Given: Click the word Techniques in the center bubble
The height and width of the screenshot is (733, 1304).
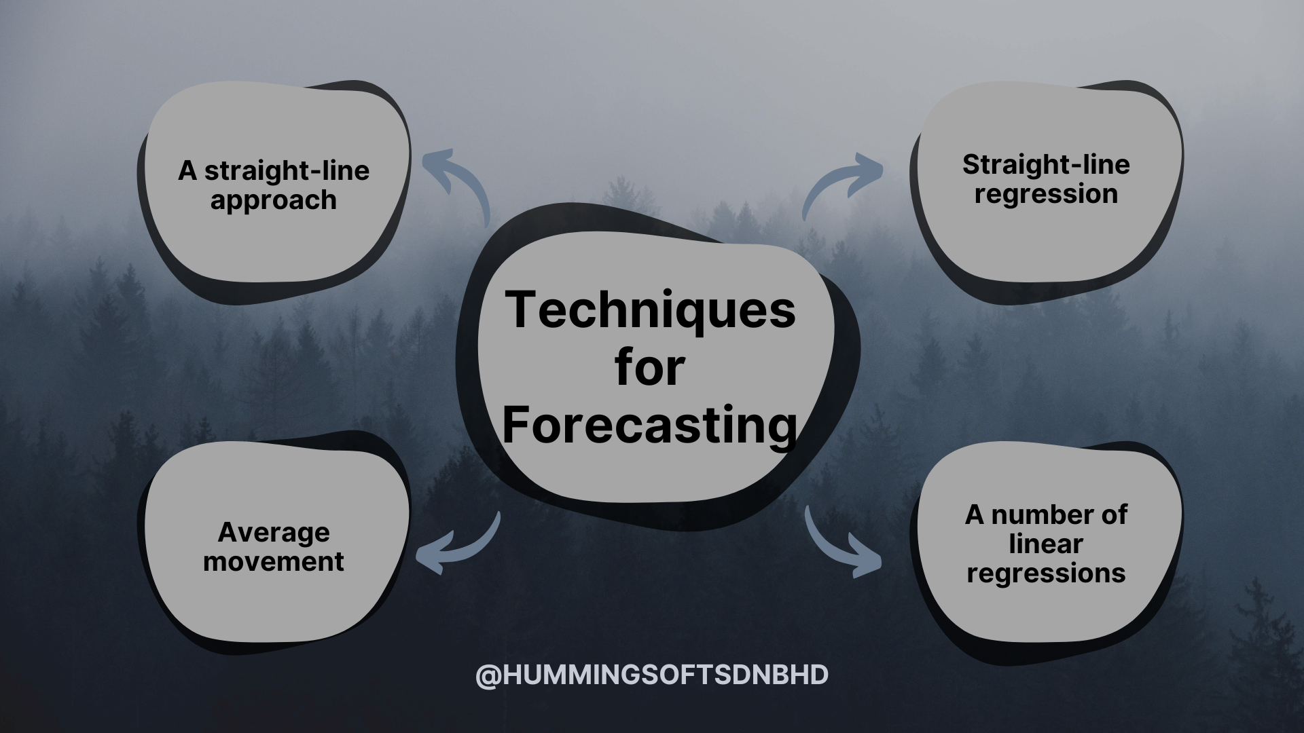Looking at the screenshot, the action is (x=650, y=309).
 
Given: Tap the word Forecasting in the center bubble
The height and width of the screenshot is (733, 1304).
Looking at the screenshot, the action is (x=650, y=426).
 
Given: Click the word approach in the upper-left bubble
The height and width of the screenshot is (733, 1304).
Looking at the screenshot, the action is (x=273, y=201).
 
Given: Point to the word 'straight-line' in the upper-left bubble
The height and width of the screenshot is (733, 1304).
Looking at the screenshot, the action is (x=287, y=170).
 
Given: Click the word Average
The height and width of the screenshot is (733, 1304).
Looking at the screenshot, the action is (x=274, y=533).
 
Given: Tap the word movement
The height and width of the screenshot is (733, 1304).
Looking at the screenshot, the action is (x=274, y=561).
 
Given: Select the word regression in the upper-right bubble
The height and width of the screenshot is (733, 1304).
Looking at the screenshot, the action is (x=1046, y=195).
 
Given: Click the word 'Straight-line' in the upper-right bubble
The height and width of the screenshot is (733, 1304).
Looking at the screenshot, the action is (x=1046, y=165).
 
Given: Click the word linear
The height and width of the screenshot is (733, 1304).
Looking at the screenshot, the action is (x=1046, y=544).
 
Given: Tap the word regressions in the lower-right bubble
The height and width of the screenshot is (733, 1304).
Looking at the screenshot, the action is (x=1046, y=574).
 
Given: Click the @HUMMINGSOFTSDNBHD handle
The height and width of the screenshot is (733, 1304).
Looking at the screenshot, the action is (x=652, y=675).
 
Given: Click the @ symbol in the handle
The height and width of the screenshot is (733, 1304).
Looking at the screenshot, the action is (x=488, y=676).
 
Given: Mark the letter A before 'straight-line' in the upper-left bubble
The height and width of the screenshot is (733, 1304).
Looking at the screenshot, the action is (x=187, y=171).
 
